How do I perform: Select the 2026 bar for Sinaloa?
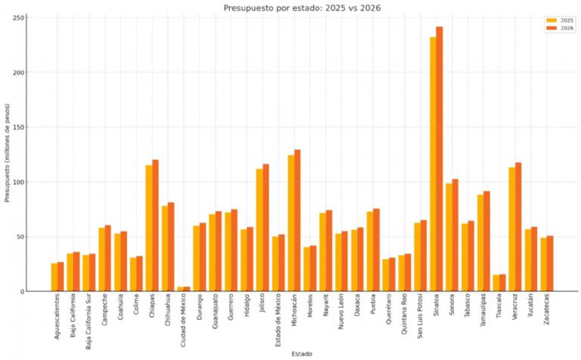point(439,158)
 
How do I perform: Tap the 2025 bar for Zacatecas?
point(543,265)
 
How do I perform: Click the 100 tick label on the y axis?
point(20,182)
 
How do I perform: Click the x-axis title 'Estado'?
point(302,353)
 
